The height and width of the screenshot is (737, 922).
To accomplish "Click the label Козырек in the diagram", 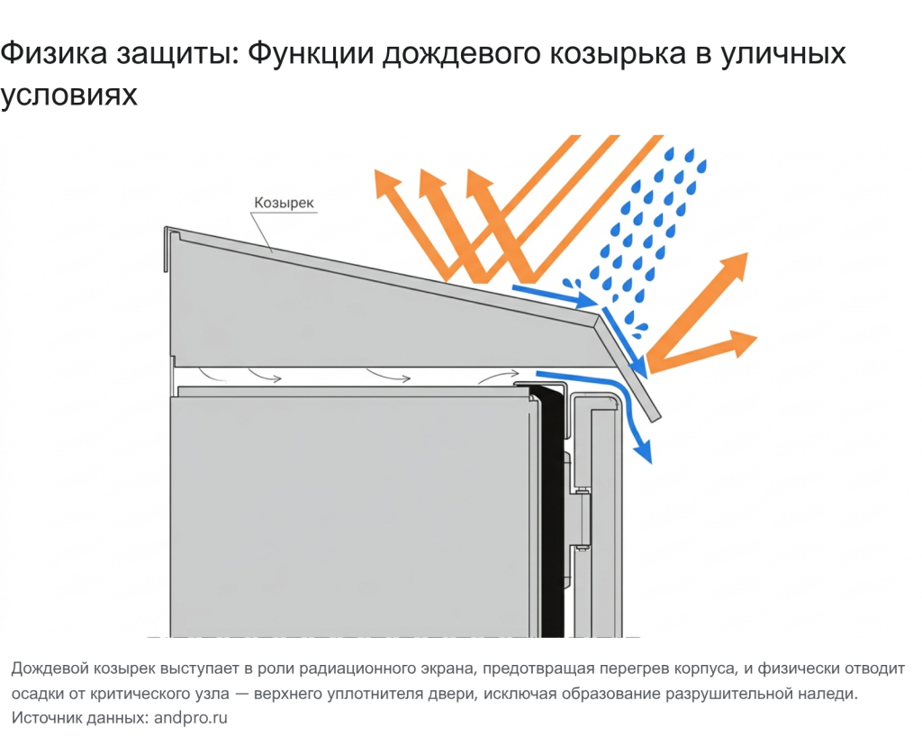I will click(x=284, y=203).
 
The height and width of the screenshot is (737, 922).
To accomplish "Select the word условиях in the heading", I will click(x=69, y=94).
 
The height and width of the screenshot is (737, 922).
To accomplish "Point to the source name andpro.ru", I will click(x=191, y=718).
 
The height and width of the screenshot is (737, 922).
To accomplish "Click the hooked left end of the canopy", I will click(x=168, y=247).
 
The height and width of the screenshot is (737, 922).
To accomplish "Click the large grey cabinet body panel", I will click(x=351, y=514).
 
